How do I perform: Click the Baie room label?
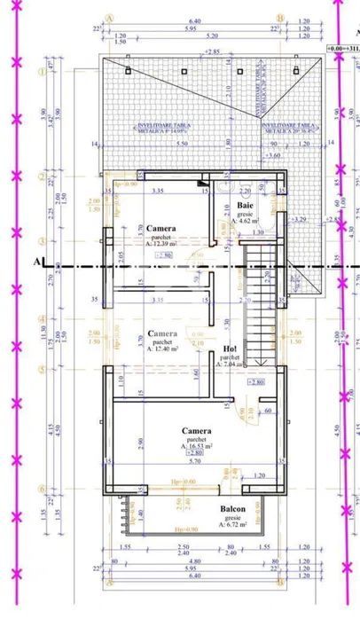[x=246, y=206]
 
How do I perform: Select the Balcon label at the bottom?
[x=234, y=510]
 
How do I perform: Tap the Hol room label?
[x=231, y=349]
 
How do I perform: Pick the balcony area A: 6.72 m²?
[x=234, y=526]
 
